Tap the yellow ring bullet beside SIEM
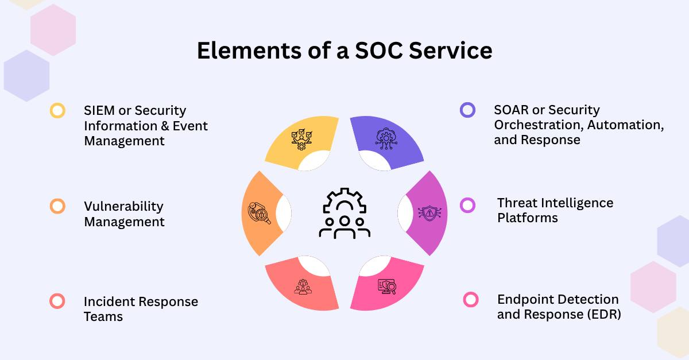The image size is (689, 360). click(57, 110)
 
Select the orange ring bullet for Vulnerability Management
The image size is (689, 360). click(57, 206)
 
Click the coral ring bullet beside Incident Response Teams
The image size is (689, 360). click(57, 301)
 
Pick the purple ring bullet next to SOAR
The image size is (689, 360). click(468, 110)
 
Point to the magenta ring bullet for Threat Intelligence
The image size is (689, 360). click(468, 205)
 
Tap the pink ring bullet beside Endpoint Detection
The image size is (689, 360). click(471, 299)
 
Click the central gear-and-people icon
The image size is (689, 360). click(344, 213)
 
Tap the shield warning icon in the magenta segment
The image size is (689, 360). click(429, 213)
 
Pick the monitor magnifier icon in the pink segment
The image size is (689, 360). click(386, 285)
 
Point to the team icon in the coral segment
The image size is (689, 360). click(302, 286)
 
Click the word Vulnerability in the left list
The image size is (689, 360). click(123, 206)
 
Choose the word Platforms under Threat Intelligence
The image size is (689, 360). click(527, 218)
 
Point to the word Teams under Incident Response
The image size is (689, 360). click(103, 316)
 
